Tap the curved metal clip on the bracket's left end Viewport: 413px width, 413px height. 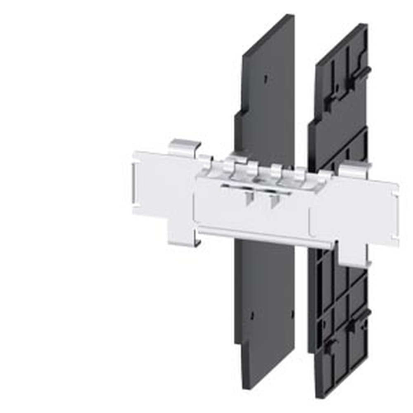tap(185, 147)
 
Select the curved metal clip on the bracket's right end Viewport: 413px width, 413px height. tap(354, 169)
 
